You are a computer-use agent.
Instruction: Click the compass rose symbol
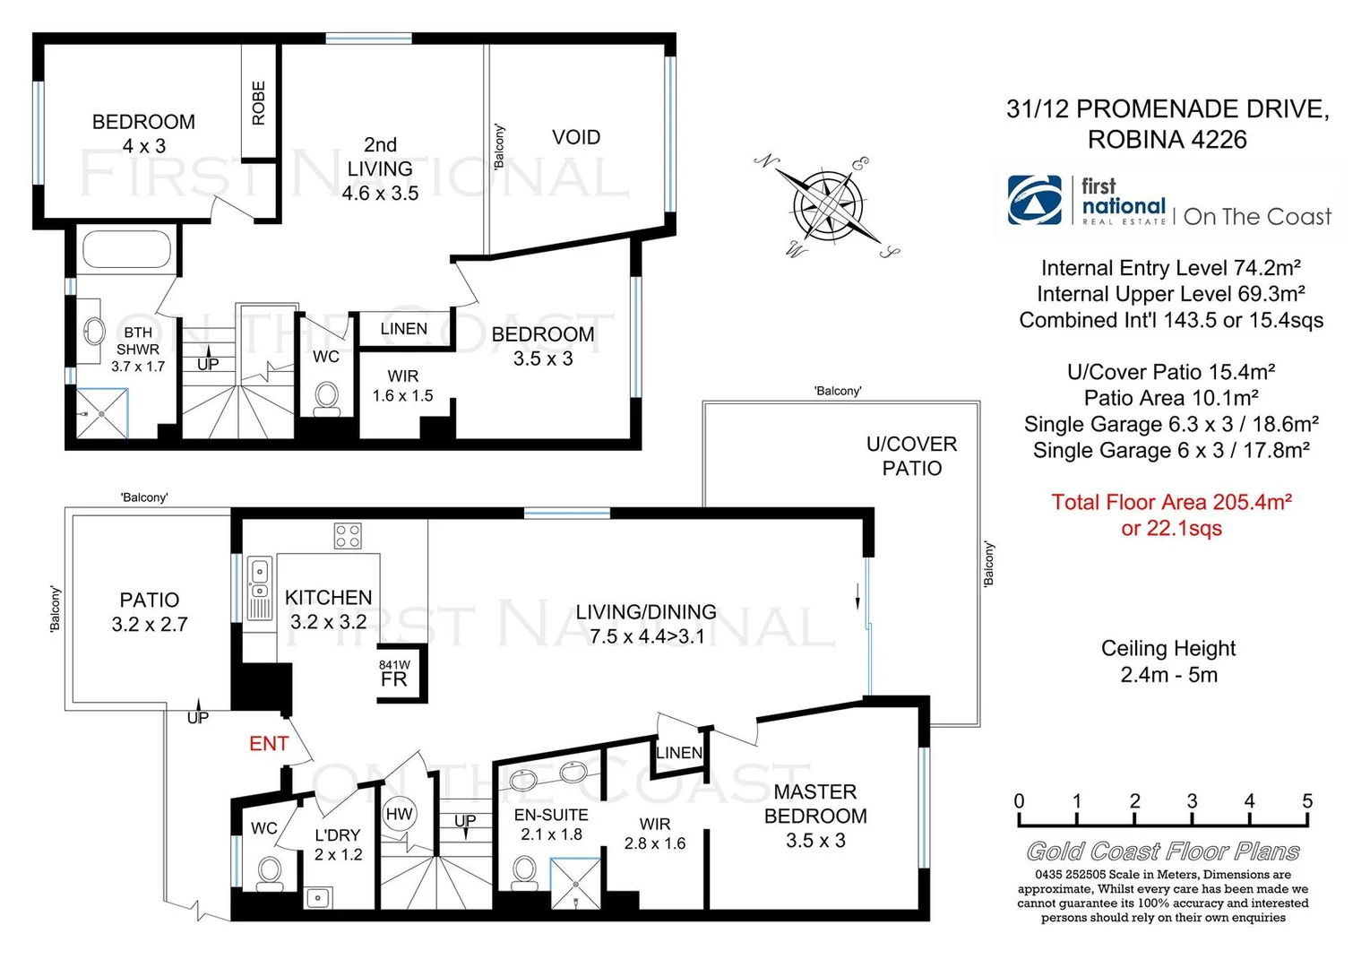[829, 207]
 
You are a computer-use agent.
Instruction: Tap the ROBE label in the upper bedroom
[259, 103]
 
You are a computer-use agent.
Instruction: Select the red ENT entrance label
[269, 743]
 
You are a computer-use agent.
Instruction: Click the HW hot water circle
[399, 814]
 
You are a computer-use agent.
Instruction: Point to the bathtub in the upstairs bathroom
[126, 248]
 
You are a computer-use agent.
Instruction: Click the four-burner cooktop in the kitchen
[348, 536]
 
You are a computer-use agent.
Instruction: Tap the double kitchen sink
[259, 580]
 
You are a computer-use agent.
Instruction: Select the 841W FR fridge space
[394, 674]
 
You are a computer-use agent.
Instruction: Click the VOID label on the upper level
[576, 137]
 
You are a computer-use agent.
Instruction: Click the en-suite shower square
[574, 884]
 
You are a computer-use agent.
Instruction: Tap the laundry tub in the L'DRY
[318, 896]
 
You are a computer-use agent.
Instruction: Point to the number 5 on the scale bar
[1307, 801]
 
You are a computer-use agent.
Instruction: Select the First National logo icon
[1035, 200]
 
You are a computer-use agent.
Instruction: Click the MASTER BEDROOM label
[815, 804]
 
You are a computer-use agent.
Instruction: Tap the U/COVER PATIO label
[911, 456]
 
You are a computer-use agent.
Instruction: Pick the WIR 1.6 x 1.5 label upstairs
[403, 385]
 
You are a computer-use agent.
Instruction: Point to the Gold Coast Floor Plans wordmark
[1162, 851]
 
